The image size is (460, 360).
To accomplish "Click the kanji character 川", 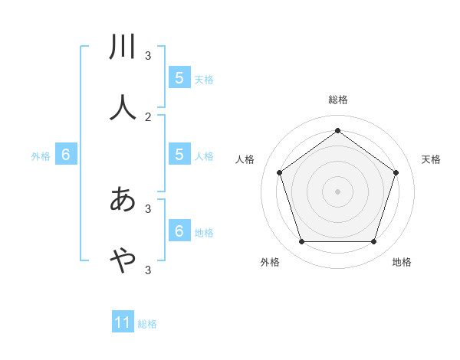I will [x=123, y=47].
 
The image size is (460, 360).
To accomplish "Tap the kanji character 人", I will [x=123, y=107].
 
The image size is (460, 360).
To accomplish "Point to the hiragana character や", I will [x=123, y=261].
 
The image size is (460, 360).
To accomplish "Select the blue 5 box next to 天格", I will [x=179, y=77].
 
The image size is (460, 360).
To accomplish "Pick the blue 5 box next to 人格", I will [x=179, y=154].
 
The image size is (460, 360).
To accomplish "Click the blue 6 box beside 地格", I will [x=179, y=231].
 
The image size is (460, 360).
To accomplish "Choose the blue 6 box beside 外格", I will [x=66, y=154].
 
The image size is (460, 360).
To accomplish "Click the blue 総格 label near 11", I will [x=147, y=324].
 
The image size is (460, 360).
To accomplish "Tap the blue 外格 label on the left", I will [x=41, y=156].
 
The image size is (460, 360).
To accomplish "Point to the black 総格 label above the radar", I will [x=337, y=100].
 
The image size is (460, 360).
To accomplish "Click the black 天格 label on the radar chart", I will [x=431, y=159].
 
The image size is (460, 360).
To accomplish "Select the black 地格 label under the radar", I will [x=402, y=262].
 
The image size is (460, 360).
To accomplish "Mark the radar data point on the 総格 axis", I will [x=337, y=130].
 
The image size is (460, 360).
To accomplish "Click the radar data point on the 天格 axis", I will [x=396, y=172].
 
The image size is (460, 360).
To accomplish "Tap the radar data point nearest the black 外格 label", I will [x=301, y=241].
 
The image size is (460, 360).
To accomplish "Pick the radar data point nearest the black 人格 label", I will [x=279, y=172].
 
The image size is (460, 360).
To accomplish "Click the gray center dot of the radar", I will [x=337, y=191].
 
